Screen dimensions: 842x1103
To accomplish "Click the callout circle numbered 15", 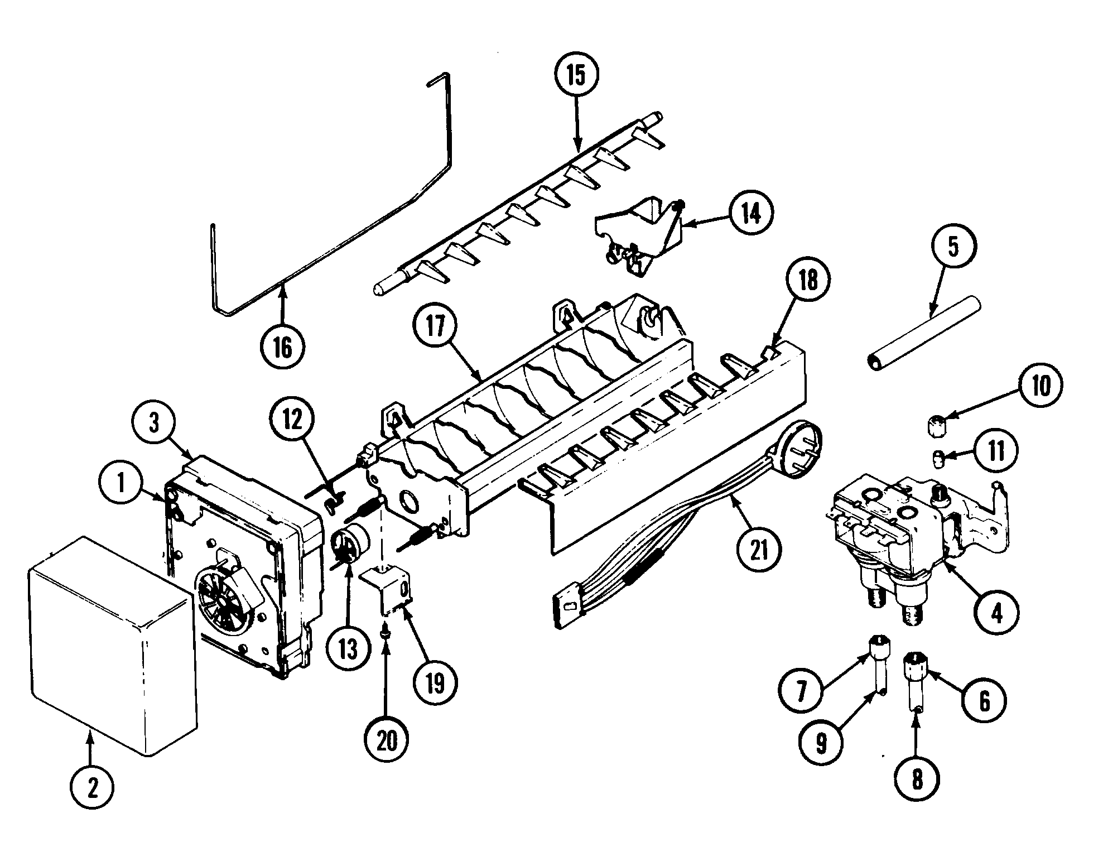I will tap(576, 75).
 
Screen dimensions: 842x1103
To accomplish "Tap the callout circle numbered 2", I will tap(93, 788).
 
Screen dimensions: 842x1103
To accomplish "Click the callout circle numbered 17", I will tap(436, 326).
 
